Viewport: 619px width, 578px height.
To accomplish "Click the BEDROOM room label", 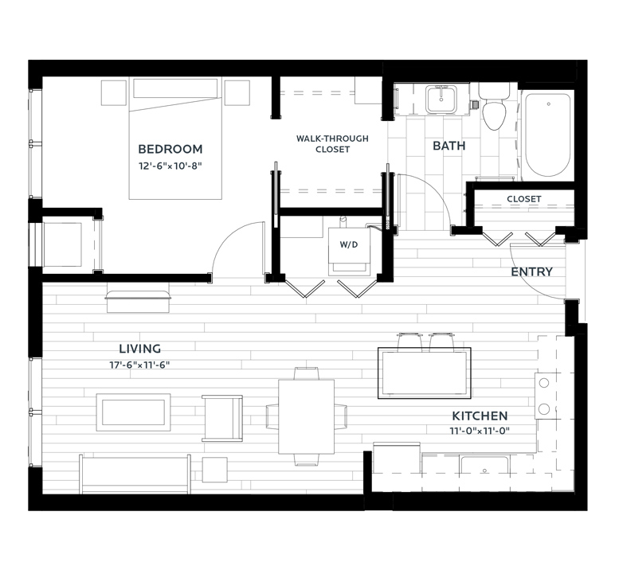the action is coord(170,149).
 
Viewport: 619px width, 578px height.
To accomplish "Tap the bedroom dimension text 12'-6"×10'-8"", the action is coord(170,166).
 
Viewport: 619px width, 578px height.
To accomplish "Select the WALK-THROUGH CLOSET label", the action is coord(332,144).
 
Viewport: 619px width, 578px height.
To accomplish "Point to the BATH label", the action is coord(449,146).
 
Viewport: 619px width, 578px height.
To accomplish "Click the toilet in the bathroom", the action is coord(494,107).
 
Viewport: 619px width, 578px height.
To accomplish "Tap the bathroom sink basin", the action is coord(441,100).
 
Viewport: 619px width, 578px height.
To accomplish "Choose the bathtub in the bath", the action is coord(548,135).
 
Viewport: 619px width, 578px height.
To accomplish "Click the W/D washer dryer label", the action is coord(349,244).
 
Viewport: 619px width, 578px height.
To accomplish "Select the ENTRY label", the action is coord(531,271).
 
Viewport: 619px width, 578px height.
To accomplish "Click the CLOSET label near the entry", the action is coord(524,199).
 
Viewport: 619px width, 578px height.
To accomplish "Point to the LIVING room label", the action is coord(139,349).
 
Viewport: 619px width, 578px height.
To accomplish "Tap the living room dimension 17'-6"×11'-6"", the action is coord(139,365).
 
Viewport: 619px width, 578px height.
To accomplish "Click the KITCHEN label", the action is coord(480,416).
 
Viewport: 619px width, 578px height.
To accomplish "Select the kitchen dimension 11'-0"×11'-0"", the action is coord(480,431).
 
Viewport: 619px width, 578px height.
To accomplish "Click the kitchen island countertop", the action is coord(425,373).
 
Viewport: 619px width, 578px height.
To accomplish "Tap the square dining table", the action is coord(307,416).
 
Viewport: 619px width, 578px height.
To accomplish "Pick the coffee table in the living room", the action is coord(133,412).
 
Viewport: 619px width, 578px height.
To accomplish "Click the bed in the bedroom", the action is coord(175,139).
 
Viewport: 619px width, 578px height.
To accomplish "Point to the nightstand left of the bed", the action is coord(114,93).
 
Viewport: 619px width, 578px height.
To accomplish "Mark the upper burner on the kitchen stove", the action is coord(544,383).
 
